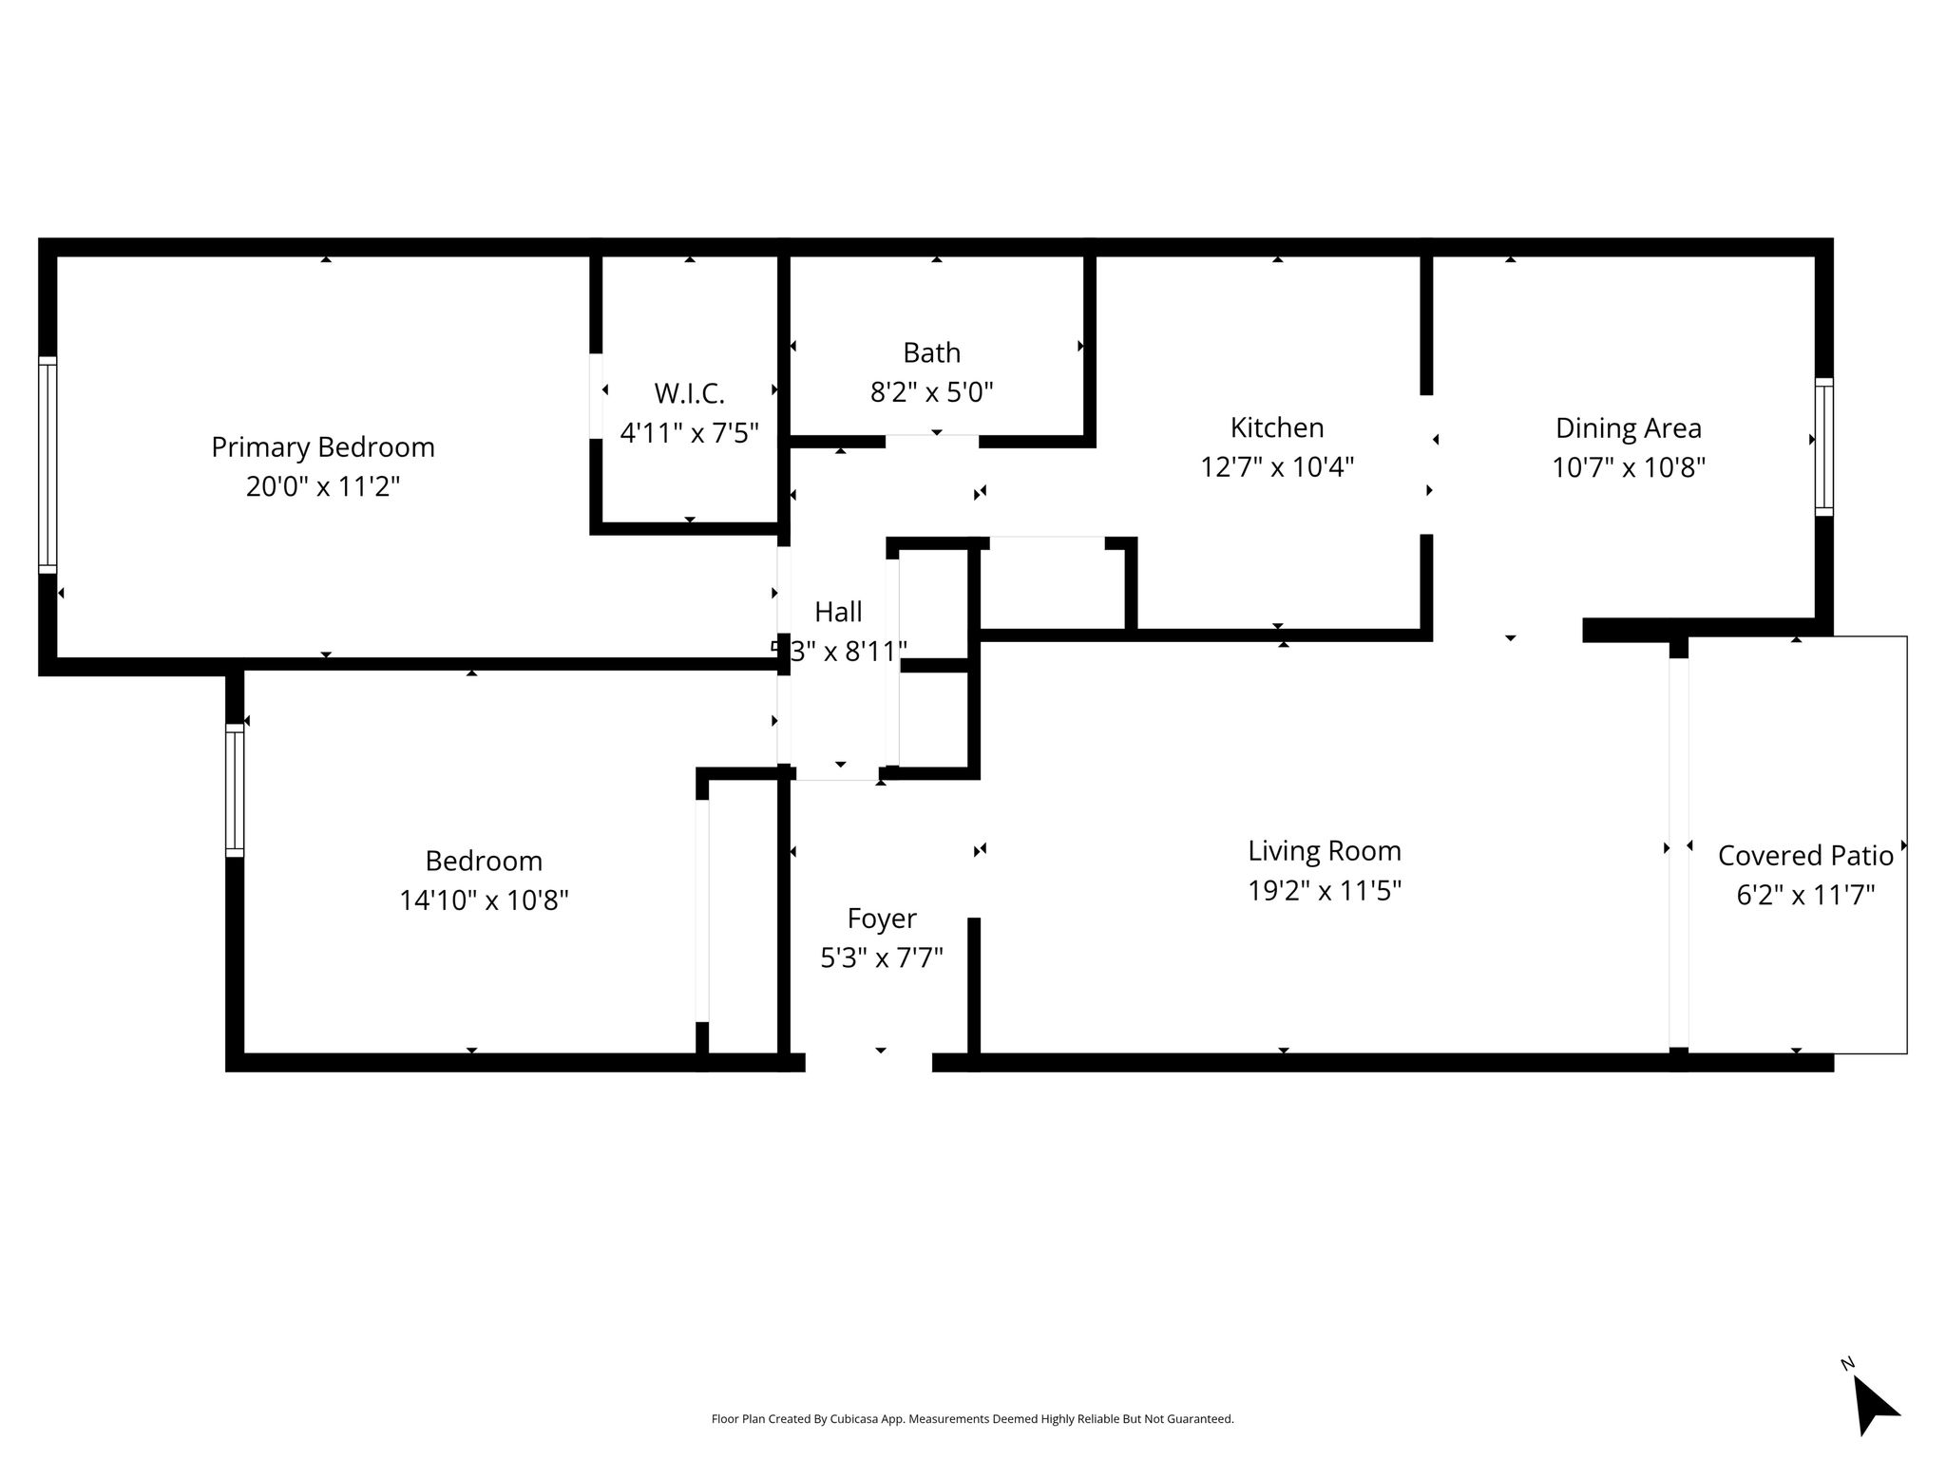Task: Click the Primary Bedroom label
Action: click(x=323, y=447)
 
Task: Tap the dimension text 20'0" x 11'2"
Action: click(x=323, y=487)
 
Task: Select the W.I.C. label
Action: click(x=689, y=393)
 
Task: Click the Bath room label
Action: click(x=931, y=353)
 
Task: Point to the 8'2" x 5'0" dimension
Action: click(x=931, y=392)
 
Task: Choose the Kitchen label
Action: click(x=1277, y=427)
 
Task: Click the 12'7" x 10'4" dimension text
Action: click(x=1277, y=467)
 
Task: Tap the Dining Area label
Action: click(x=1629, y=428)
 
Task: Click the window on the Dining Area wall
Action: click(x=1823, y=446)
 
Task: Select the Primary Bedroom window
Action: click(x=48, y=464)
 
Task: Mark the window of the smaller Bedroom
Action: click(x=235, y=790)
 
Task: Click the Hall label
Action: click(x=838, y=612)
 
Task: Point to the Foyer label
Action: click(x=882, y=919)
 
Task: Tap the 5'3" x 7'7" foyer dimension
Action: click(x=882, y=957)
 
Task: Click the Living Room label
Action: click(x=1325, y=851)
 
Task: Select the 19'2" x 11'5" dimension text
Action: click(x=1325, y=891)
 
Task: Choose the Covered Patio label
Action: click(x=1805, y=856)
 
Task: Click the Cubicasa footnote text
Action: click(x=972, y=1419)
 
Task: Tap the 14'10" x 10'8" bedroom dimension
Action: click(x=484, y=900)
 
